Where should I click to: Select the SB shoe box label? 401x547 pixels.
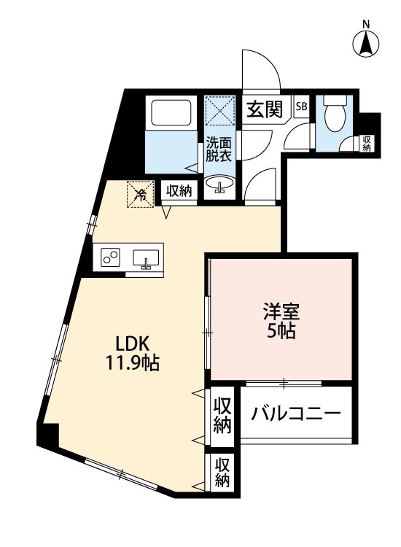[301, 106]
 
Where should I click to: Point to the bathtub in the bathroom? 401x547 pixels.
[171, 114]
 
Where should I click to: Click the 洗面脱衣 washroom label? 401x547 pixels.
[218, 149]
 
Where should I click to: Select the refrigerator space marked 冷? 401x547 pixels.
[140, 194]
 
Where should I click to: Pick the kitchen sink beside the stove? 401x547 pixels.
[147, 258]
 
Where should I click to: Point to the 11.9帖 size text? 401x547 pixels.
[132, 362]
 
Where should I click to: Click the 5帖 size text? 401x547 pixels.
[280, 332]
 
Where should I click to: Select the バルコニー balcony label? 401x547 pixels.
[296, 415]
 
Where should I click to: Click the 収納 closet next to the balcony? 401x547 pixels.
[222, 416]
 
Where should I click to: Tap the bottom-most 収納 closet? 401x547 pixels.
[222, 473]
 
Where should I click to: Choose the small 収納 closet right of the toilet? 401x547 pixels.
[366, 143]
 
